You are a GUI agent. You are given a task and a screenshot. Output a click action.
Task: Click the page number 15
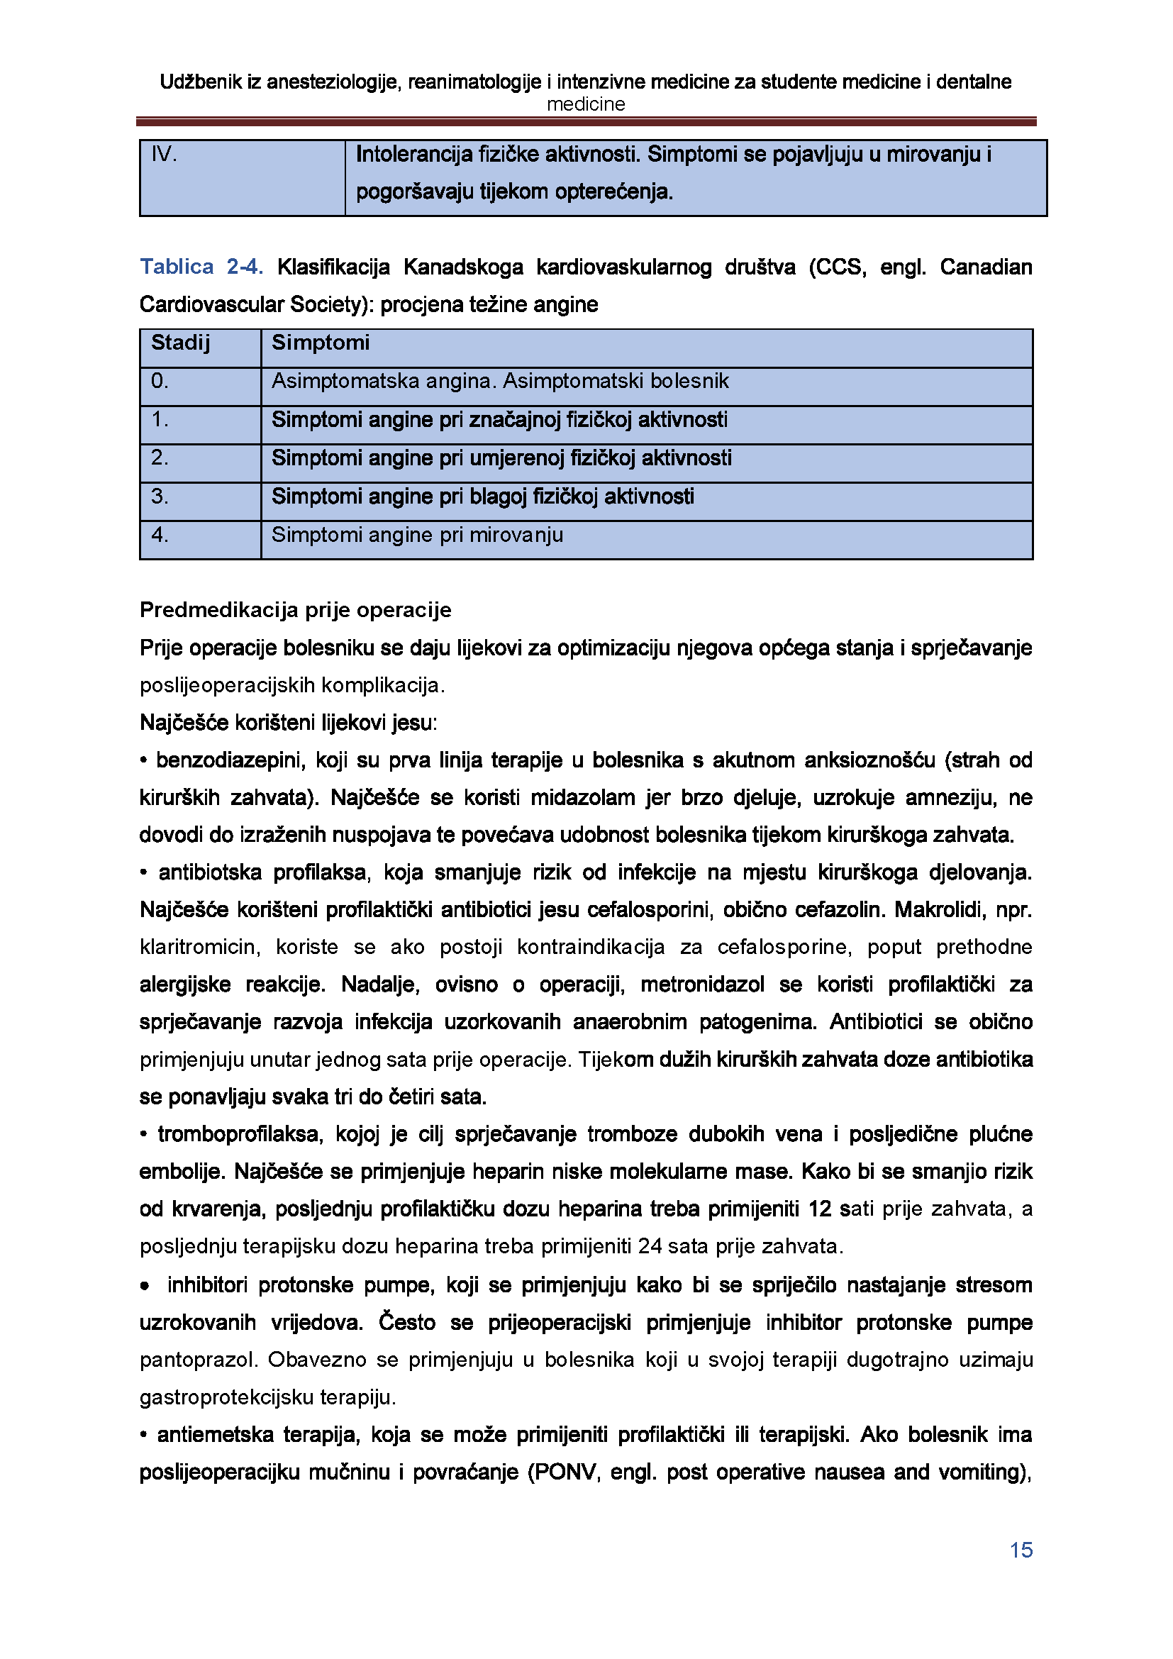coord(1021,1550)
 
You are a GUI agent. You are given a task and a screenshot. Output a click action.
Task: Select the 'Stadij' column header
coord(180,343)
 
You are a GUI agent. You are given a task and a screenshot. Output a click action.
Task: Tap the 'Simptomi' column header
coord(320,343)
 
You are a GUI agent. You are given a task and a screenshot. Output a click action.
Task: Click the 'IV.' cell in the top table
coord(164,154)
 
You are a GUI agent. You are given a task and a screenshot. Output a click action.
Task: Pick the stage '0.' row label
coord(159,381)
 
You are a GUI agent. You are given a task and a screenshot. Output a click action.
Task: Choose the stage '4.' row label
coord(160,535)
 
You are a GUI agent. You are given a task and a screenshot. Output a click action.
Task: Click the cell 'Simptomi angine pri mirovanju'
coord(417,535)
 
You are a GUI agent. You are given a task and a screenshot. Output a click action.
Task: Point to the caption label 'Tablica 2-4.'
coord(201,267)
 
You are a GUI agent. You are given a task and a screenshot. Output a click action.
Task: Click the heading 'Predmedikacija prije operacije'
coord(295,610)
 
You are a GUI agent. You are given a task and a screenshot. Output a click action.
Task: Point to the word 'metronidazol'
coord(702,984)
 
